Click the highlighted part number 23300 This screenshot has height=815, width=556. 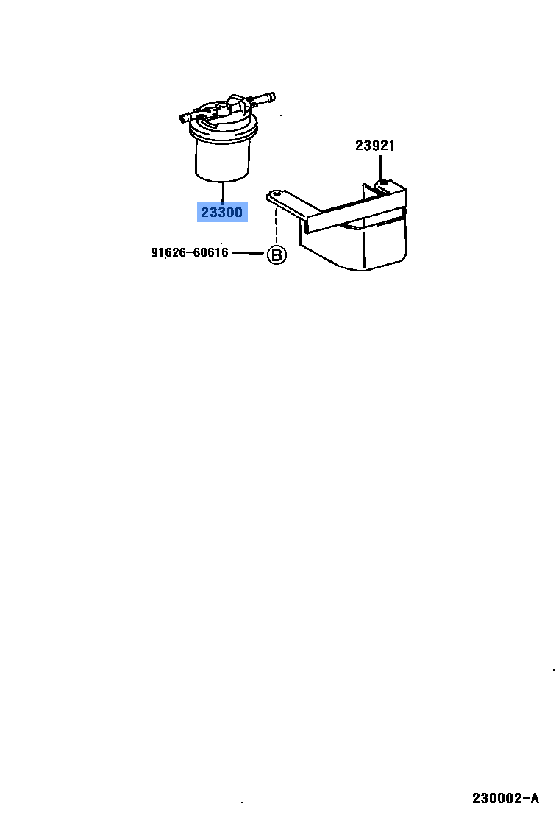[x=221, y=213]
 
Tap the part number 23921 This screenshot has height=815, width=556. [x=375, y=146]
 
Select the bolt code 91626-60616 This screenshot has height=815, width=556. [x=190, y=253]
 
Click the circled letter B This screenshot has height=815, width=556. [x=276, y=255]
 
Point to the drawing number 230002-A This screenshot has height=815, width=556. [x=505, y=797]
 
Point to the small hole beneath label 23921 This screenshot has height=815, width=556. [x=383, y=181]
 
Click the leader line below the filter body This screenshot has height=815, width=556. [x=222, y=191]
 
